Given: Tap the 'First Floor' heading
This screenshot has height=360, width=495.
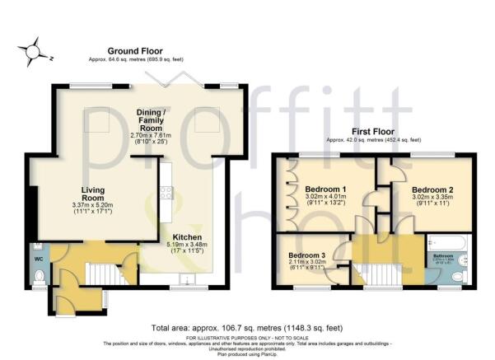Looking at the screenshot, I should [373, 131].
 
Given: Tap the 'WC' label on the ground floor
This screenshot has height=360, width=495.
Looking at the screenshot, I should [39, 258].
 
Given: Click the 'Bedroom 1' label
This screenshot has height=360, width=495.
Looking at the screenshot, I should [326, 189].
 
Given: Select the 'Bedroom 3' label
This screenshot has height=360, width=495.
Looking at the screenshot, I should [306, 255].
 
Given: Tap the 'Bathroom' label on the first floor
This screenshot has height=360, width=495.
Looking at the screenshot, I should [444, 256].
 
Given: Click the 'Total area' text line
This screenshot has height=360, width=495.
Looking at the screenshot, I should [247, 326].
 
